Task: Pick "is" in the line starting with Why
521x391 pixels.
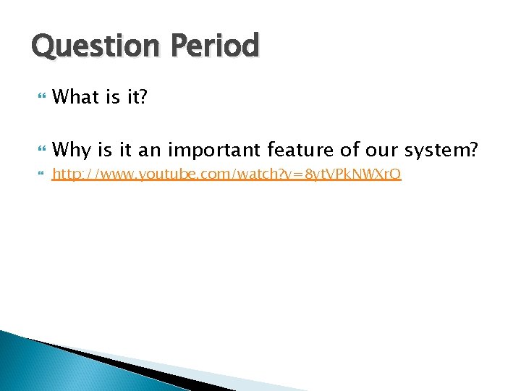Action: coord(107,150)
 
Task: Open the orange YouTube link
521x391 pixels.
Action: coord(227,174)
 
